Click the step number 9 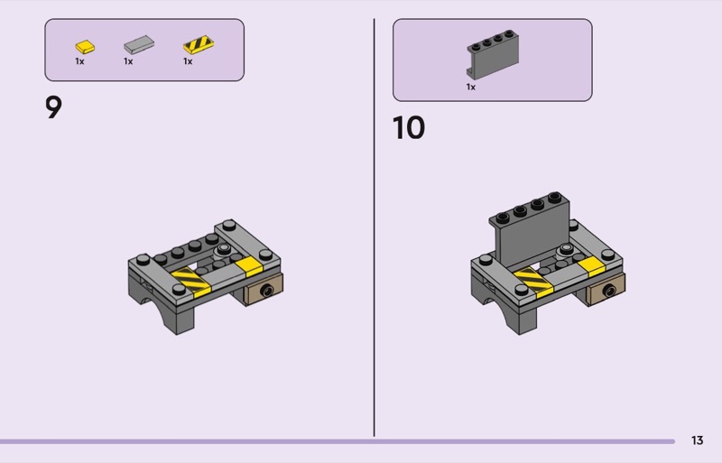click(53, 107)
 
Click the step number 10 click(409, 127)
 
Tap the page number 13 click(697, 440)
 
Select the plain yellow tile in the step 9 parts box click(85, 47)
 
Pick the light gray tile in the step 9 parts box click(139, 45)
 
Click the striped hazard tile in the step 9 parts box click(199, 45)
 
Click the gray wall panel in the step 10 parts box click(493, 54)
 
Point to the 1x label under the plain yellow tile click(79, 61)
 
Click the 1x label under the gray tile click(128, 61)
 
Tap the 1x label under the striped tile click(188, 61)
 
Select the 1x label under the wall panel click(470, 87)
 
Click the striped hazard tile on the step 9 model click(190, 281)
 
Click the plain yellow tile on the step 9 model click(249, 267)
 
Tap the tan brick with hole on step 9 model click(264, 290)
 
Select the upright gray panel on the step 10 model click(530, 230)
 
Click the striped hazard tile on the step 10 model click(533, 282)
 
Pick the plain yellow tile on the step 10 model click(591, 267)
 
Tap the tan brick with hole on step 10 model click(606, 290)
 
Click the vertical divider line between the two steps click(374, 227)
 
